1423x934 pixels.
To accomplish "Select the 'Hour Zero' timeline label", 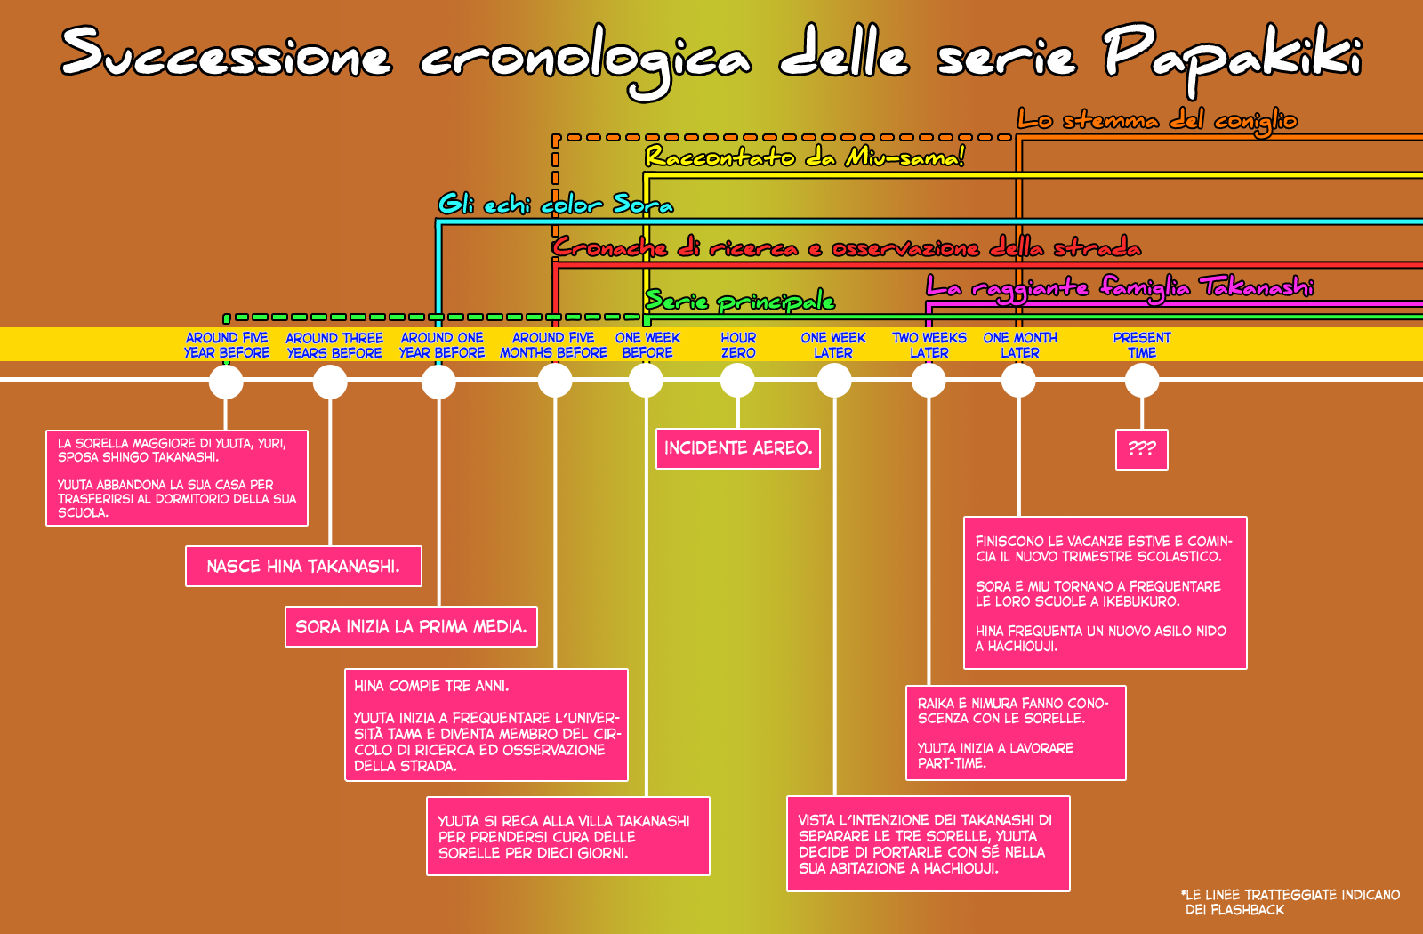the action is (x=738, y=345).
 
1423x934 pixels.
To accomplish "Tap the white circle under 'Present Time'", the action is (x=1142, y=382).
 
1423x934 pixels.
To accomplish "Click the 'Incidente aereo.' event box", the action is (x=738, y=448).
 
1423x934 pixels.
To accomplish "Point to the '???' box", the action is (x=1142, y=450).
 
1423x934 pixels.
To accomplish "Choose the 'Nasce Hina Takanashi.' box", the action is (x=303, y=566).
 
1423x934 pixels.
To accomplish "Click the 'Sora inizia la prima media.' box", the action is (x=411, y=626).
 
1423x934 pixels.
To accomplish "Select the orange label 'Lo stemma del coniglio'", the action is (x=1157, y=121).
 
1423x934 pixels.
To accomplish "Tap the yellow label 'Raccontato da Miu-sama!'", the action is (x=805, y=157).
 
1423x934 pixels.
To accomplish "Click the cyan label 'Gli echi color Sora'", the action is (x=555, y=205).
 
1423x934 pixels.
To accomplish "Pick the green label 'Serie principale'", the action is (x=739, y=301).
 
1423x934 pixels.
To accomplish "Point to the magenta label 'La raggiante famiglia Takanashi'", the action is (x=1120, y=288).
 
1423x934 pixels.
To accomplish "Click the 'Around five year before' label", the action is (x=227, y=345).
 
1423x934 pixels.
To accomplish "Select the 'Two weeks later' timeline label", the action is (x=929, y=345).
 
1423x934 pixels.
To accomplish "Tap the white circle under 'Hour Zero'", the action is (x=737, y=382).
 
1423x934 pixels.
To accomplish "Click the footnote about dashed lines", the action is (x=1290, y=902).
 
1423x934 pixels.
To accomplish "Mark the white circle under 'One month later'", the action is (x=1018, y=382).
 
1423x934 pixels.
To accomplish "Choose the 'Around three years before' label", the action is (x=334, y=345).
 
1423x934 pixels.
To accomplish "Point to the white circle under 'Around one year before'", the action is (x=438, y=382).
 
